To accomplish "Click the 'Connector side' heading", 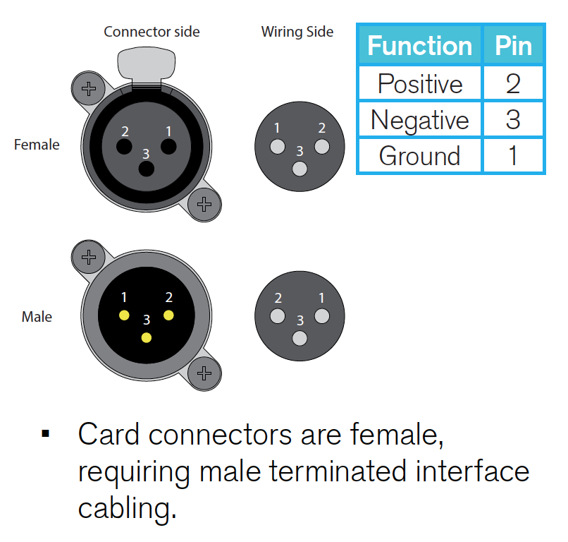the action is tap(152, 32).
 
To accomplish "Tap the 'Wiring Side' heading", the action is tap(297, 32).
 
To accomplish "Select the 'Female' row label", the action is tap(37, 145).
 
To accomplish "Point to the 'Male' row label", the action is tap(37, 317).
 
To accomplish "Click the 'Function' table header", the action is tap(419, 46).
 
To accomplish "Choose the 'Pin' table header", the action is tap(513, 46).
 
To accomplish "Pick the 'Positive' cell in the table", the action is tap(420, 83).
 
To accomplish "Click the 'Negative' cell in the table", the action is tap(420, 120).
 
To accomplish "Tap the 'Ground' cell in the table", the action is tap(420, 156).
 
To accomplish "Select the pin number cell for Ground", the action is tap(513, 156).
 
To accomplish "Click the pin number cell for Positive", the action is tap(513, 83).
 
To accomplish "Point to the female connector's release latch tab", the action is tap(147, 65).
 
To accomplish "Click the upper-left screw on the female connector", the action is tap(89, 88).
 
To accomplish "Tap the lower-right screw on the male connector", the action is tap(204, 373).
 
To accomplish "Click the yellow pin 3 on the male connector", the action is tap(147, 338).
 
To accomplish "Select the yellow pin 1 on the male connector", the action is tap(124, 315).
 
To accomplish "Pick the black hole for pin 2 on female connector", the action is tap(124, 147).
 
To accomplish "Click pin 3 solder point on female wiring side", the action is tap(300, 169).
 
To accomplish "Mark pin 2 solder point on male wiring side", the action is tap(278, 315).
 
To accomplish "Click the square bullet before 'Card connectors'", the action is tap(46, 433).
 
